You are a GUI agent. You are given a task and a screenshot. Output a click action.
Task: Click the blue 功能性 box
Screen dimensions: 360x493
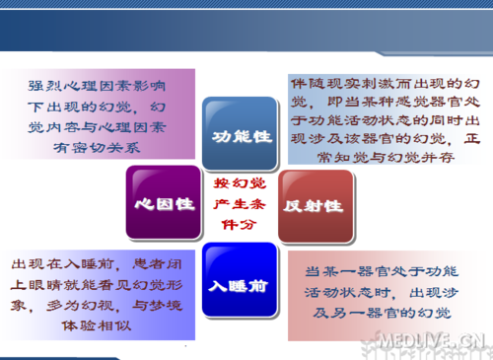pos(239,135)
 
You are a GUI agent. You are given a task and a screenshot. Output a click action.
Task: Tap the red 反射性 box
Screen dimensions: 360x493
pos(314,206)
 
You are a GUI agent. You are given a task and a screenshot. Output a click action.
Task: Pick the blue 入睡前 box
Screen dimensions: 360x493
pos(239,283)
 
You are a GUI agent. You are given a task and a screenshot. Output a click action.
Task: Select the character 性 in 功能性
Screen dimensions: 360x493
pos(263,135)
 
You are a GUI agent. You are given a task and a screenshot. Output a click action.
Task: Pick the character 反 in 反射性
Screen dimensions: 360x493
pos(293,206)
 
